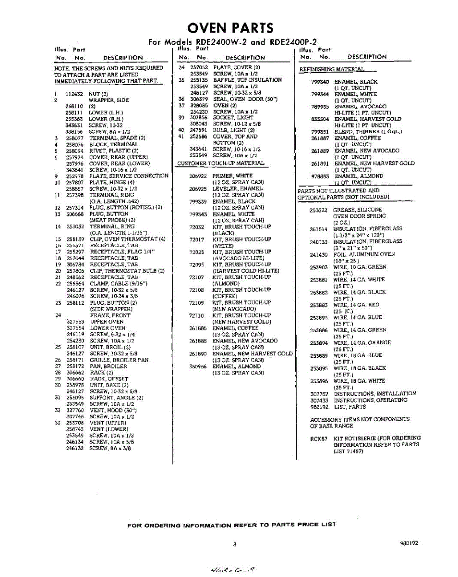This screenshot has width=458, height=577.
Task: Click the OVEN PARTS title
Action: (x=230, y=27)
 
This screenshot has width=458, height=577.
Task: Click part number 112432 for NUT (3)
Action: (x=74, y=94)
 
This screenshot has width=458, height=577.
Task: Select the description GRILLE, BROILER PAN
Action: (x=120, y=360)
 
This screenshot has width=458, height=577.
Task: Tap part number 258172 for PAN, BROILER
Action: (x=74, y=366)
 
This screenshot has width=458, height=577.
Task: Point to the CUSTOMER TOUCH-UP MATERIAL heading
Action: (x=220, y=163)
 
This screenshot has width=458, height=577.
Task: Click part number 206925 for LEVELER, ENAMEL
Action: (x=198, y=189)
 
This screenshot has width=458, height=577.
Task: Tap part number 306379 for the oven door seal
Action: (x=199, y=99)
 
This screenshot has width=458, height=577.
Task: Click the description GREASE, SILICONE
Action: (x=358, y=210)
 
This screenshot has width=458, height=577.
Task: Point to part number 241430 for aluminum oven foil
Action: (x=319, y=254)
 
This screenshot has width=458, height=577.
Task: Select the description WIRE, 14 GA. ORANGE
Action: (x=362, y=343)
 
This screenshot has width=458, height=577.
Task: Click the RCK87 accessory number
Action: (x=319, y=438)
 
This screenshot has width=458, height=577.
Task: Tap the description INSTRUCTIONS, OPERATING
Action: (x=371, y=400)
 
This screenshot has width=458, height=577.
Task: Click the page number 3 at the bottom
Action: (x=235, y=544)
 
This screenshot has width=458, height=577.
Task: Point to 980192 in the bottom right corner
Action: (x=409, y=543)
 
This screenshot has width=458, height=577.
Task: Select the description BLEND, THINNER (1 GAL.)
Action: (x=368, y=132)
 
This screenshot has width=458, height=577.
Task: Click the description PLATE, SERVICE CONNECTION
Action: (x=129, y=176)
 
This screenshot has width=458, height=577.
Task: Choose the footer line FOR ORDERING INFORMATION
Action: (x=231, y=525)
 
